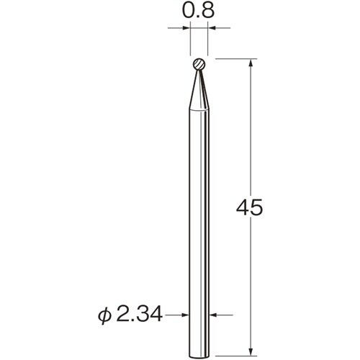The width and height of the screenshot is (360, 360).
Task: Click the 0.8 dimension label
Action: point(198,11)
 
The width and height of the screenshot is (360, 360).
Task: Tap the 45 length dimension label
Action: point(250,207)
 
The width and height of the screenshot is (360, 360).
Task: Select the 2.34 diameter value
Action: point(140,315)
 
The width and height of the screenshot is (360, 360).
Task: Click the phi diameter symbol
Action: point(105,316)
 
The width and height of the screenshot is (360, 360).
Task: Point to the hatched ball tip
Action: point(199,64)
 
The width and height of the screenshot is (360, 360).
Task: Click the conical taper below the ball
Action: point(199,90)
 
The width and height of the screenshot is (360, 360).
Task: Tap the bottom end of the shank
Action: point(199,356)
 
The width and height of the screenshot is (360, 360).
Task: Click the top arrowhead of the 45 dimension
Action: point(251,63)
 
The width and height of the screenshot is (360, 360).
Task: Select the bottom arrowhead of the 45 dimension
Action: point(251,351)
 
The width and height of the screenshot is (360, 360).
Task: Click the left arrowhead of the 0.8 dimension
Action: point(186,28)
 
